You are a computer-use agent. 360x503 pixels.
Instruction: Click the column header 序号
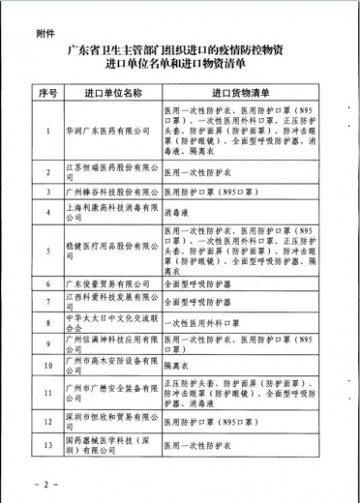47,93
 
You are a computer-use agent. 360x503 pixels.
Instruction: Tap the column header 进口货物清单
240,93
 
